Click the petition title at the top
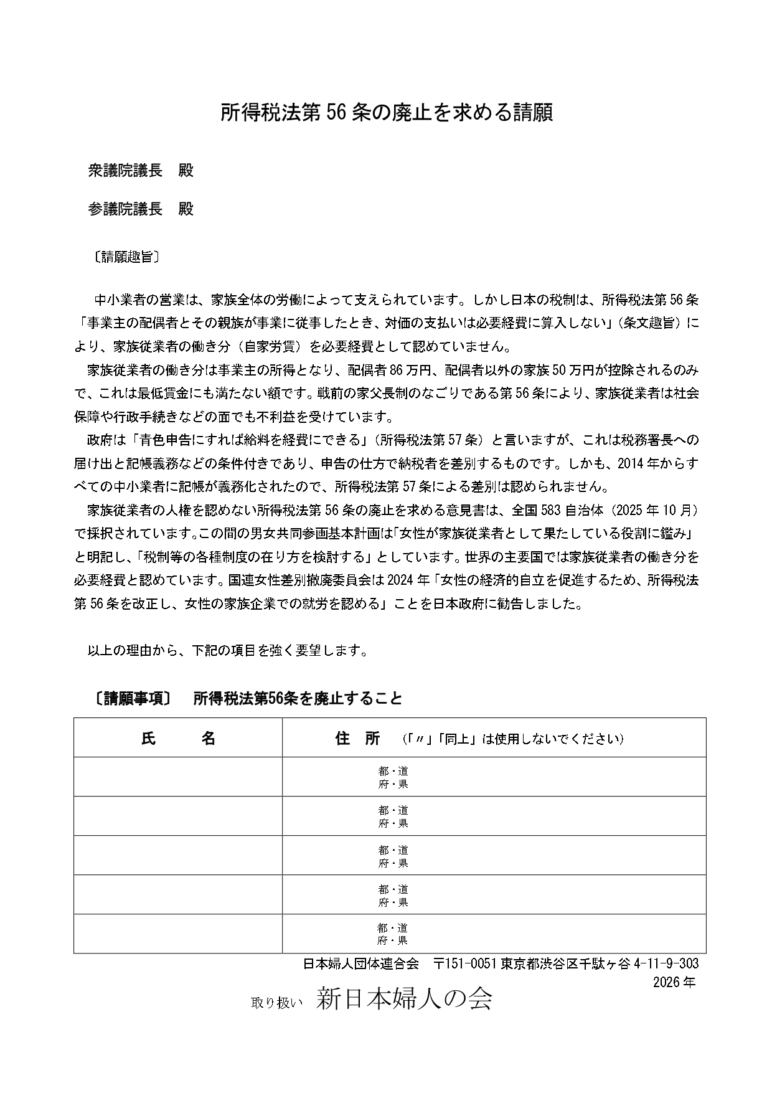[386, 113]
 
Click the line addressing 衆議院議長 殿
[141, 171]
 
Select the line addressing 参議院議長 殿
[141, 209]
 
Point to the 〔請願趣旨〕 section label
[125, 257]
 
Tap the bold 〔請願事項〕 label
[133, 698]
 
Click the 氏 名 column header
[178, 739]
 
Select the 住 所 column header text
[357, 739]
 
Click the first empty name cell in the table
[178, 777]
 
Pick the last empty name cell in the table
[178, 934]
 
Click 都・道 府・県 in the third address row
[393, 856]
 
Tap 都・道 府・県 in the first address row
[393, 778]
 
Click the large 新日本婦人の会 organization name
[404, 999]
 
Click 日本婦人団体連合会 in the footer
[360, 963]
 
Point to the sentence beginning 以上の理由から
[227, 650]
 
